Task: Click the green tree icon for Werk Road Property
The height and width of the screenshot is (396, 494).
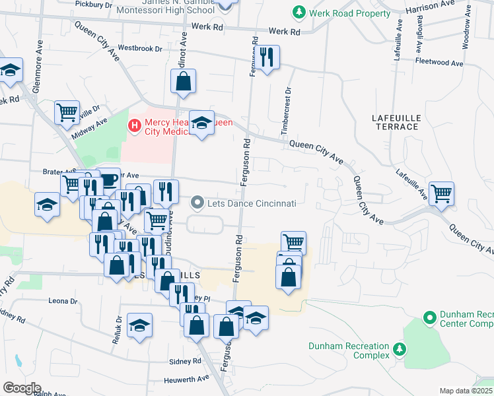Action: coord(299,12)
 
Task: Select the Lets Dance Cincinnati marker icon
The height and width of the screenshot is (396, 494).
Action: coord(197,203)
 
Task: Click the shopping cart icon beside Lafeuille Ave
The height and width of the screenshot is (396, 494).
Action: coord(441,193)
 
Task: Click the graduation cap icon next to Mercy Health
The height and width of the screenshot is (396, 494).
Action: coord(201,121)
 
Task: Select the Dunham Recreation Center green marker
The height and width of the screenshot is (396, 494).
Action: coord(430,319)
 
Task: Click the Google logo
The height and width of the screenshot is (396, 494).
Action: coord(21,387)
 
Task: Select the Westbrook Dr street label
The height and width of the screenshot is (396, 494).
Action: coord(140,48)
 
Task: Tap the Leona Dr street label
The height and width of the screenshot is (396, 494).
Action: coord(63,301)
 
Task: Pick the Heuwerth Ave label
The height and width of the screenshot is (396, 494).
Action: coord(189,378)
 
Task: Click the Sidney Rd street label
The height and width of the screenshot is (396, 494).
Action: coord(185,362)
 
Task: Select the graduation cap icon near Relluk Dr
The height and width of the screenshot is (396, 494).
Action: coord(140,325)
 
